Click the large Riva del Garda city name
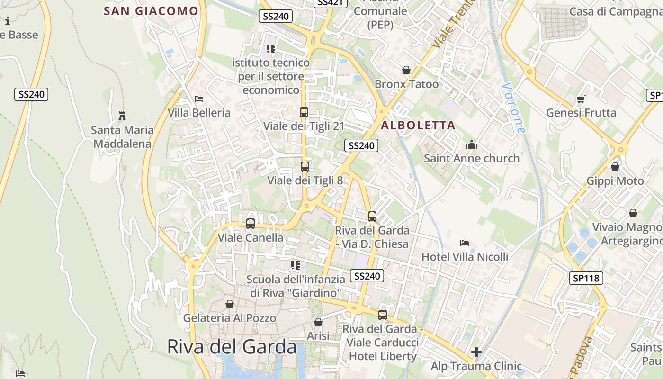232,347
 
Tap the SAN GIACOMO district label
151,11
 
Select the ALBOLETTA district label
418,126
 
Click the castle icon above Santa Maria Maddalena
122,116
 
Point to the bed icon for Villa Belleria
199,99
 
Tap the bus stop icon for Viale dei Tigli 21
304,112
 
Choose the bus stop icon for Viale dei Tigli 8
305,167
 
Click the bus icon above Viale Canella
251,223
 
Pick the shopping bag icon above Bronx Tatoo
406,70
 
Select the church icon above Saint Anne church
472,144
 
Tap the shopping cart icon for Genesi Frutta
581,99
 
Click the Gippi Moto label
615,181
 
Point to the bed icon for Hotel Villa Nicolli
465,243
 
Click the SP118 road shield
586,278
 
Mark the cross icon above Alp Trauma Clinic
476,352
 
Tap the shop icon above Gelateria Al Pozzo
230,304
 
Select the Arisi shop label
318,335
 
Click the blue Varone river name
513,108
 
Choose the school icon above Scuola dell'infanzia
296,265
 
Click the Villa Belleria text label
199,113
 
